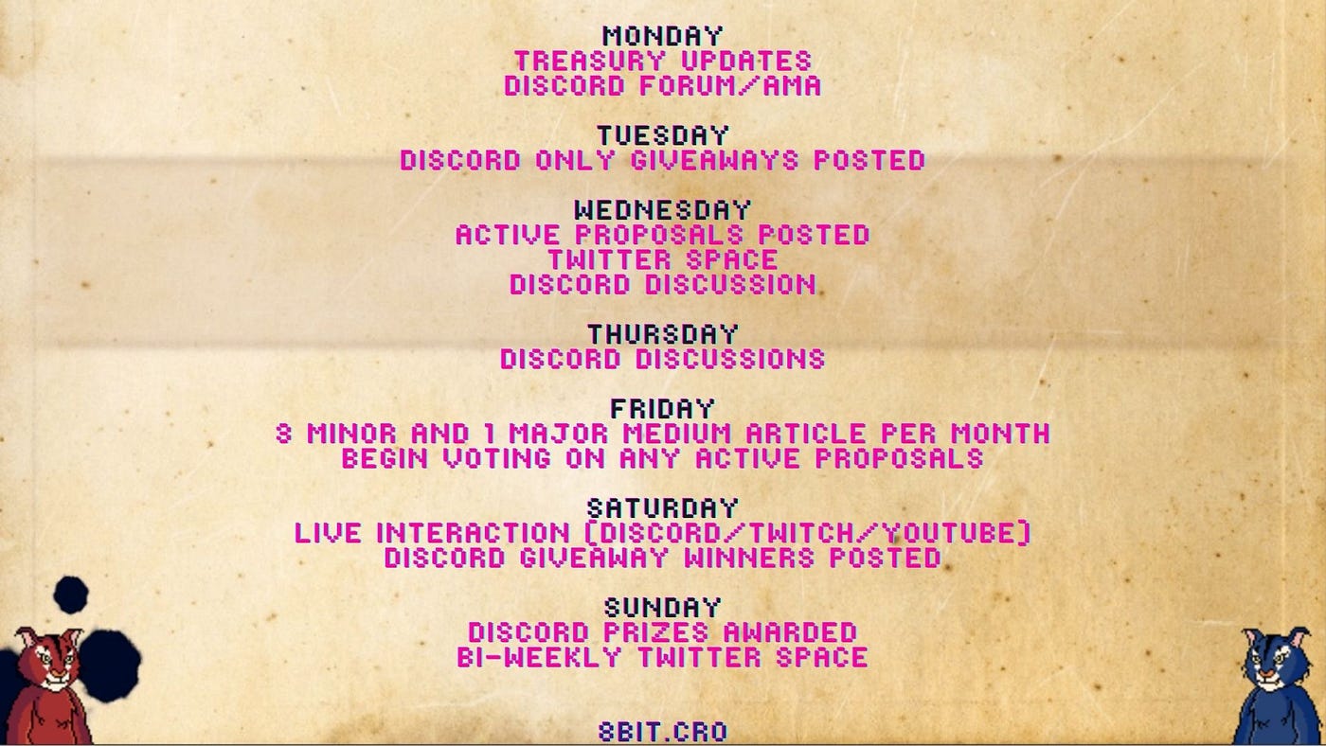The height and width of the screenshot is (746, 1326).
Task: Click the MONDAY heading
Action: point(662,36)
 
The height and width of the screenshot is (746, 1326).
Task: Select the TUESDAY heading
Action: point(662,135)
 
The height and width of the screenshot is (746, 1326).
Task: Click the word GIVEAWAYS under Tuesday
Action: point(714,160)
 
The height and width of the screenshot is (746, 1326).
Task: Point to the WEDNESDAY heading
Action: point(662,210)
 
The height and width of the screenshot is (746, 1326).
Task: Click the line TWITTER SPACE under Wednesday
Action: point(662,259)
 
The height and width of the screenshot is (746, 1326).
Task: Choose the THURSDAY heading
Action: point(662,334)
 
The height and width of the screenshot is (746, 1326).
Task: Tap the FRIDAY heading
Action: point(662,409)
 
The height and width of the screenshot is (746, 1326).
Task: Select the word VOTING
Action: point(496,458)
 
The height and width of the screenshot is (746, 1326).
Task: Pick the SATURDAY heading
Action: point(662,508)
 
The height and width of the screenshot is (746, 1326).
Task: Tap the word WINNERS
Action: point(749,558)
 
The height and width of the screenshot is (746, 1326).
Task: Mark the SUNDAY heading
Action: point(662,608)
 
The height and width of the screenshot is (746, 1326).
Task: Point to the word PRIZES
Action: point(655,632)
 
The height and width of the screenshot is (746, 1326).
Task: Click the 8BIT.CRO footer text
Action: point(662,732)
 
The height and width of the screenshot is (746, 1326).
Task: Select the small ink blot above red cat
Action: point(71,595)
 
